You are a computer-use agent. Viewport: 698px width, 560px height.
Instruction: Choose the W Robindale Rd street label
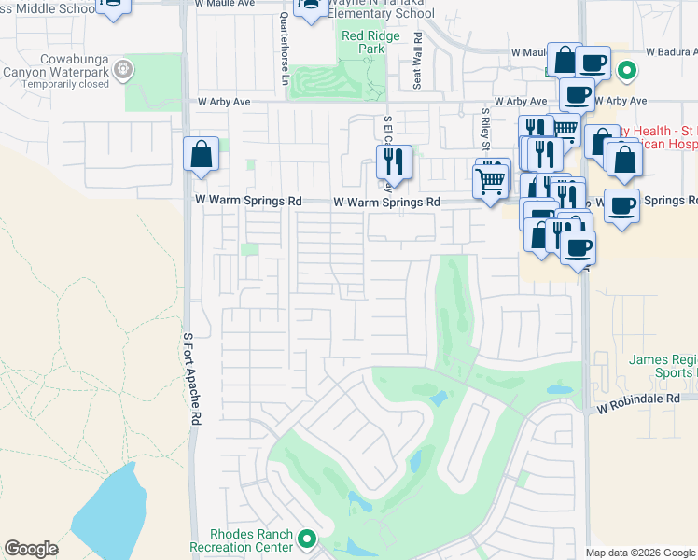tap(639, 399)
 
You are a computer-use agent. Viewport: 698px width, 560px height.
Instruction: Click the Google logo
tap(31, 549)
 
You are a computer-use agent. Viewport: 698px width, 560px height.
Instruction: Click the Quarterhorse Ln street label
tap(286, 50)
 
